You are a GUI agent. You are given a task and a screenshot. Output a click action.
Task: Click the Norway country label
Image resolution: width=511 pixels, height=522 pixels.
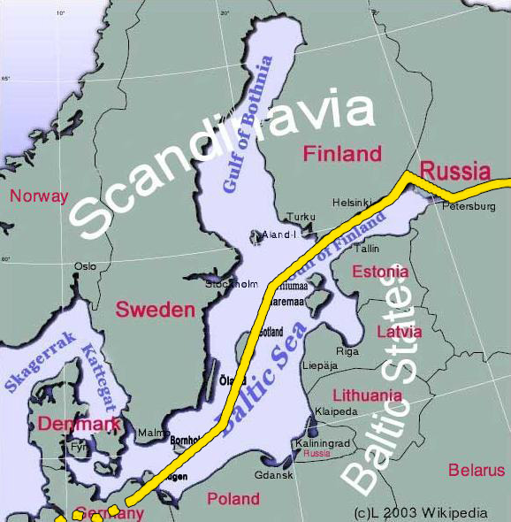(38, 196)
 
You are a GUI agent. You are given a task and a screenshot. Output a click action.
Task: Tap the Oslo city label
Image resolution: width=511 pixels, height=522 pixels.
(85, 265)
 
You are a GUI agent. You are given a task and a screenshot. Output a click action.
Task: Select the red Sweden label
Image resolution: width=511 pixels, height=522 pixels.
(155, 310)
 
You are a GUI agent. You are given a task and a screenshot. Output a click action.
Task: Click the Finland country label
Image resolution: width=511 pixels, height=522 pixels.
(342, 154)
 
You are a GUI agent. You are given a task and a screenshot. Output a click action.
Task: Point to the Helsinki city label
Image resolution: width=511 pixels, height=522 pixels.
(352, 203)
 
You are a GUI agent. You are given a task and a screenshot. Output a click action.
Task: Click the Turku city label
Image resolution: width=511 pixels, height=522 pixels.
(301, 217)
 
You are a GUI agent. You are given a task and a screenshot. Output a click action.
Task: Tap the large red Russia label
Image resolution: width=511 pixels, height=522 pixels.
(454, 170)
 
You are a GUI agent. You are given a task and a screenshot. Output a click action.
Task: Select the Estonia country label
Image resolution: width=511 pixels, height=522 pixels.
(380, 272)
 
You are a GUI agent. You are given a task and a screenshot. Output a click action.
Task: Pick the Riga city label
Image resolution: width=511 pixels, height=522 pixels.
(347, 351)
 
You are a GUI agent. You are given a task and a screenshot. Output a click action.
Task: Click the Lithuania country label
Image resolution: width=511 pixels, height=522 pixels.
(367, 395)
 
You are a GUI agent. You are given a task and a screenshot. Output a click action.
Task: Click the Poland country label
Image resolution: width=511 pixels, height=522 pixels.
(233, 499)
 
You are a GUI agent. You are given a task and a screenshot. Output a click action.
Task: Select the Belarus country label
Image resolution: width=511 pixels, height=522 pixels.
(476, 470)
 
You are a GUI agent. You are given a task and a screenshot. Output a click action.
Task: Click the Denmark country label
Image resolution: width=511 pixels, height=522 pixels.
(78, 425)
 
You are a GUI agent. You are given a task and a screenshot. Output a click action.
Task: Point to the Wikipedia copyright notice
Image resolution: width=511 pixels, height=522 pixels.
(420, 512)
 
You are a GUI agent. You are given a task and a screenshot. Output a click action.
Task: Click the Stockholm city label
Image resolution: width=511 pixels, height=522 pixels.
(232, 284)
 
